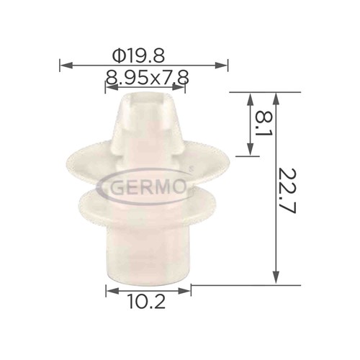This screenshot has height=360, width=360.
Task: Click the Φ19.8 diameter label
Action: click(x=138, y=56)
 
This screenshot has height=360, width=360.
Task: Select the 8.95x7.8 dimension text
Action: click(x=147, y=77)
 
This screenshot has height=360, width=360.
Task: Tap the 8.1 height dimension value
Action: click(x=264, y=123)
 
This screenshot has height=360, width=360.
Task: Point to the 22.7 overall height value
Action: click(x=288, y=191)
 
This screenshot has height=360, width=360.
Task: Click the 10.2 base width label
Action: click(x=147, y=302)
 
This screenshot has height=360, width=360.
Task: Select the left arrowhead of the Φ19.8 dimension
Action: click(x=66, y=65)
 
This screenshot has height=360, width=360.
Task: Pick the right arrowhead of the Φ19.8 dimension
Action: click(x=221, y=65)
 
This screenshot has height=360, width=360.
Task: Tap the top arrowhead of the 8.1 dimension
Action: click(x=251, y=99)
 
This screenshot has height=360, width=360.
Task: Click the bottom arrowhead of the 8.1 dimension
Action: click(x=251, y=149)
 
